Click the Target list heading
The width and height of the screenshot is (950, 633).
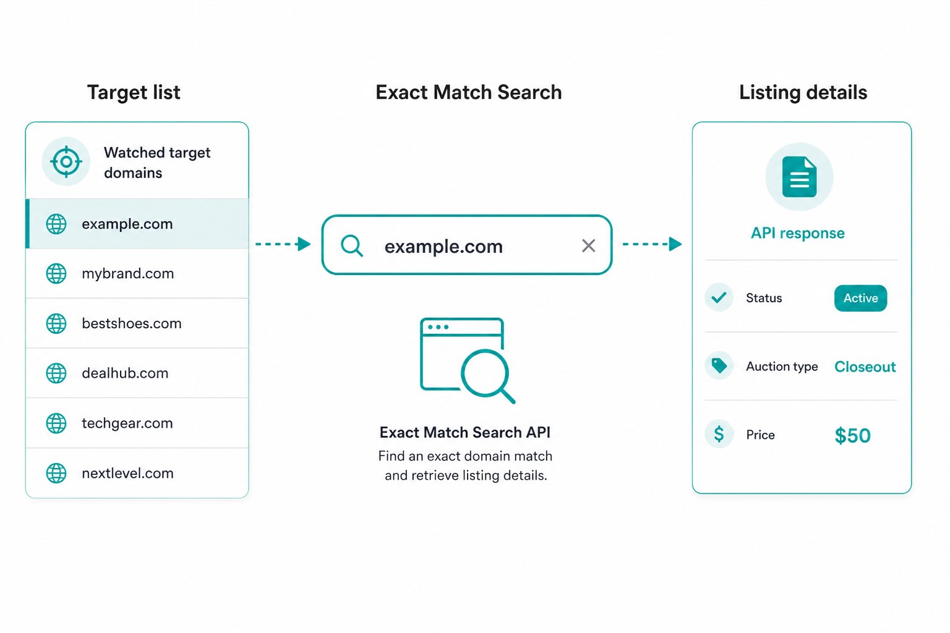pyautogui.click(x=134, y=93)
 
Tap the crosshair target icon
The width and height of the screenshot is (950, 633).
pyautogui.click(x=66, y=161)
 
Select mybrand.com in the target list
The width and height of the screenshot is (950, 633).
pyautogui.click(x=127, y=273)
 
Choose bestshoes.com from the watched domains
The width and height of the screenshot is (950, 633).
pyautogui.click(x=132, y=323)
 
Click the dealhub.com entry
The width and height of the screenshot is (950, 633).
pyautogui.click(x=125, y=373)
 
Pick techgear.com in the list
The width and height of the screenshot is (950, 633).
pyautogui.click(x=127, y=423)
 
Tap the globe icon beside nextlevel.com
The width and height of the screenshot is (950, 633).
pyautogui.click(x=56, y=473)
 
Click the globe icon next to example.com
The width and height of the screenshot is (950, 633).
pyautogui.click(x=56, y=224)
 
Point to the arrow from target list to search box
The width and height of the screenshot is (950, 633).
pyautogui.click(x=283, y=244)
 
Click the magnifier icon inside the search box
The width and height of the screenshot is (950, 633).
pyautogui.click(x=351, y=246)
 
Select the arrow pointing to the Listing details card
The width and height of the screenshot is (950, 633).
pyautogui.click(x=653, y=244)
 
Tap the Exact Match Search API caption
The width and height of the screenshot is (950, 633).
pyautogui.click(x=465, y=433)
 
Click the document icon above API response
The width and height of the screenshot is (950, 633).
pyautogui.click(x=800, y=177)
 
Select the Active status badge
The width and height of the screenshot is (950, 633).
pyautogui.click(x=860, y=298)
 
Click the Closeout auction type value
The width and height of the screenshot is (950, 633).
pyautogui.click(x=865, y=367)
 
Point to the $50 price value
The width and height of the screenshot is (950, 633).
pyautogui.click(x=852, y=435)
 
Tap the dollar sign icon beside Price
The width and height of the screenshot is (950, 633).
pyautogui.click(x=719, y=434)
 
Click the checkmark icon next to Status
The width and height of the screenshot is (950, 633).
pyautogui.click(x=719, y=297)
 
